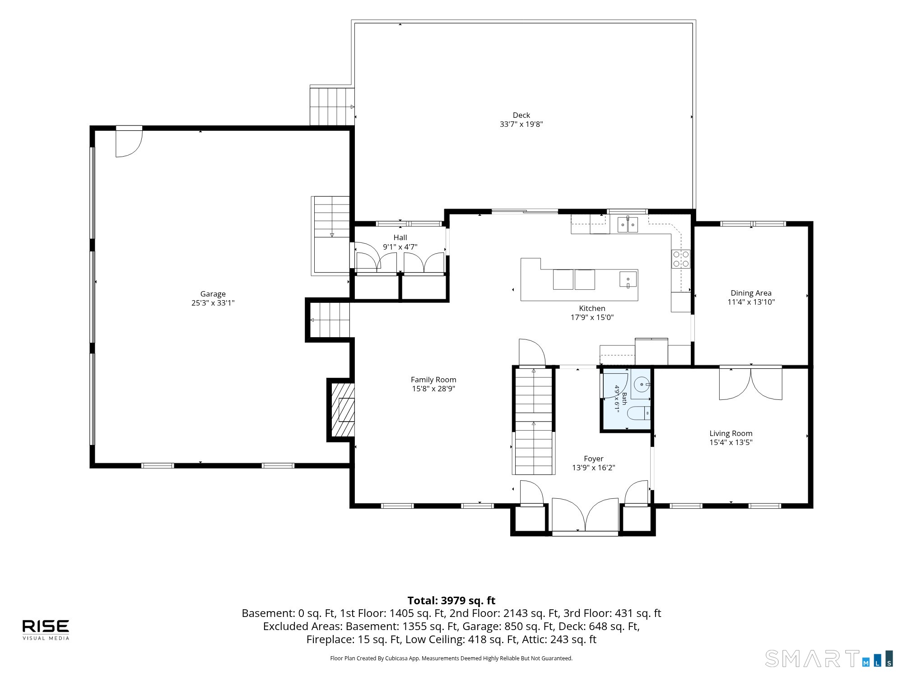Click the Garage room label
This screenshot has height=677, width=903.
(213, 294)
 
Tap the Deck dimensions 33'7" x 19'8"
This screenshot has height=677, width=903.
(521, 124)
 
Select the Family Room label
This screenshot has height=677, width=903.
(433, 380)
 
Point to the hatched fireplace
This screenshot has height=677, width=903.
(343, 410)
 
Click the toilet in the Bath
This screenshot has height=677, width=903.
(639, 413)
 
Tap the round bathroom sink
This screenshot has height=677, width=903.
(642, 385)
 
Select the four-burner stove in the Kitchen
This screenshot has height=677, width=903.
(681, 259)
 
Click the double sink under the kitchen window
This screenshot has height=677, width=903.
(628, 224)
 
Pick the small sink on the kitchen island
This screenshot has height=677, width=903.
(628, 279)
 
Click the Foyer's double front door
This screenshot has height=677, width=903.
(585, 515)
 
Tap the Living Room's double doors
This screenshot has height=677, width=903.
(750, 384)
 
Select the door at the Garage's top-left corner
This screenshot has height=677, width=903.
(129, 143)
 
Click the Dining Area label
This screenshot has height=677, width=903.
(751, 293)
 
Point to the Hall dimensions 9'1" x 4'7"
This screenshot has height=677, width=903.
(400, 247)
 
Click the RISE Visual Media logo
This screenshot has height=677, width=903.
(46, 630)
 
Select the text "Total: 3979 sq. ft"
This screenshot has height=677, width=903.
(451, 601)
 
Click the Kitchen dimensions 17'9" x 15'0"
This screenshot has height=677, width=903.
(592, 317)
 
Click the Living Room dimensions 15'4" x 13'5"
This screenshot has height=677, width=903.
(731, 442)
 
